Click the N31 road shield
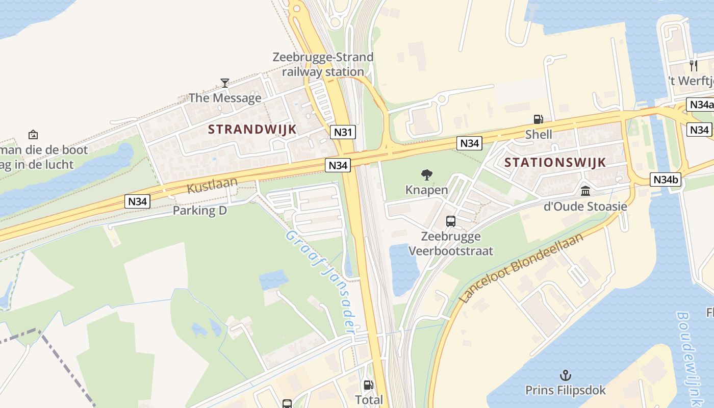pos(342,132)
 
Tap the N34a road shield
pos(700,105)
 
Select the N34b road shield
pos(666,180)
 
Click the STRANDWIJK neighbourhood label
pos(252,129)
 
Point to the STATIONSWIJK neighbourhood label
pos(555,163)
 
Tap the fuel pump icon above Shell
pos(538,119)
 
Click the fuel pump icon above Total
pos(368,385)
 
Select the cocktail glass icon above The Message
pos(224,83)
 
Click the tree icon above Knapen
pos(426,175)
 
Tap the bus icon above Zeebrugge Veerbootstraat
pos(451,221)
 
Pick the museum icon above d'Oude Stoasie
pos(585,191)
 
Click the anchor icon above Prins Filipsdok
pos(565,376)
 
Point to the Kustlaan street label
pos(212,185)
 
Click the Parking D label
pos(199,210)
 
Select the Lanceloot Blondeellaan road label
pos(521,268)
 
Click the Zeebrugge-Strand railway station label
pos(323,64)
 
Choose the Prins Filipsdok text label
pos(566,391)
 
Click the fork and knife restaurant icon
pos(693,65)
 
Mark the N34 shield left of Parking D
pos(138,201)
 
